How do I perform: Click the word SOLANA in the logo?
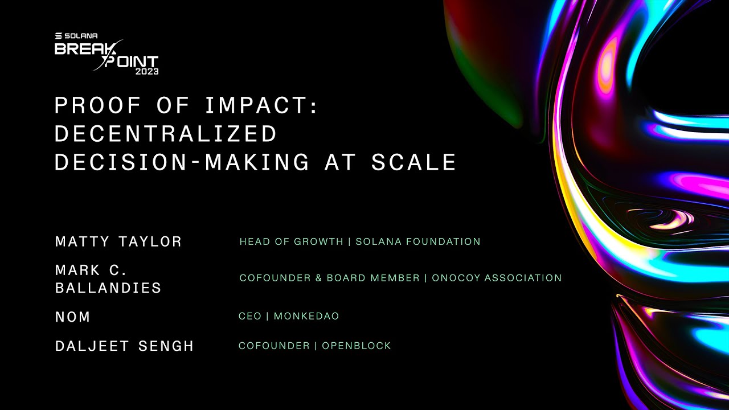click(81, 36)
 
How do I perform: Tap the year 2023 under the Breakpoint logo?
click(146, 72)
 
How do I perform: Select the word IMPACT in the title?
click(256, 105)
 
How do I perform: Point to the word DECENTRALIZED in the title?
click(166, 134)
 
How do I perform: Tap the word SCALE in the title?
click(413, 162)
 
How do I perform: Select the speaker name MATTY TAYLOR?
click(118, 241)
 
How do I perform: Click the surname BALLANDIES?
click(108, 288)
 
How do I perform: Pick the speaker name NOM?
click(72, 317)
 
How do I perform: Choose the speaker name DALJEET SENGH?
click(124, 346)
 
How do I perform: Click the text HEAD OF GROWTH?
click(291, 241)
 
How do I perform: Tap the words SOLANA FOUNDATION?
click(418, 241)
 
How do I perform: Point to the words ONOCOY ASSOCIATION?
click(497, 278)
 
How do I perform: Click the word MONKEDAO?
click(306, 316)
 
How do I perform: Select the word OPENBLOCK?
click(357, 346)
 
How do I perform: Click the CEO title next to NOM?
click(249, 316)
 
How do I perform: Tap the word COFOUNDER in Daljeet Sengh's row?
click(274, 346)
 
